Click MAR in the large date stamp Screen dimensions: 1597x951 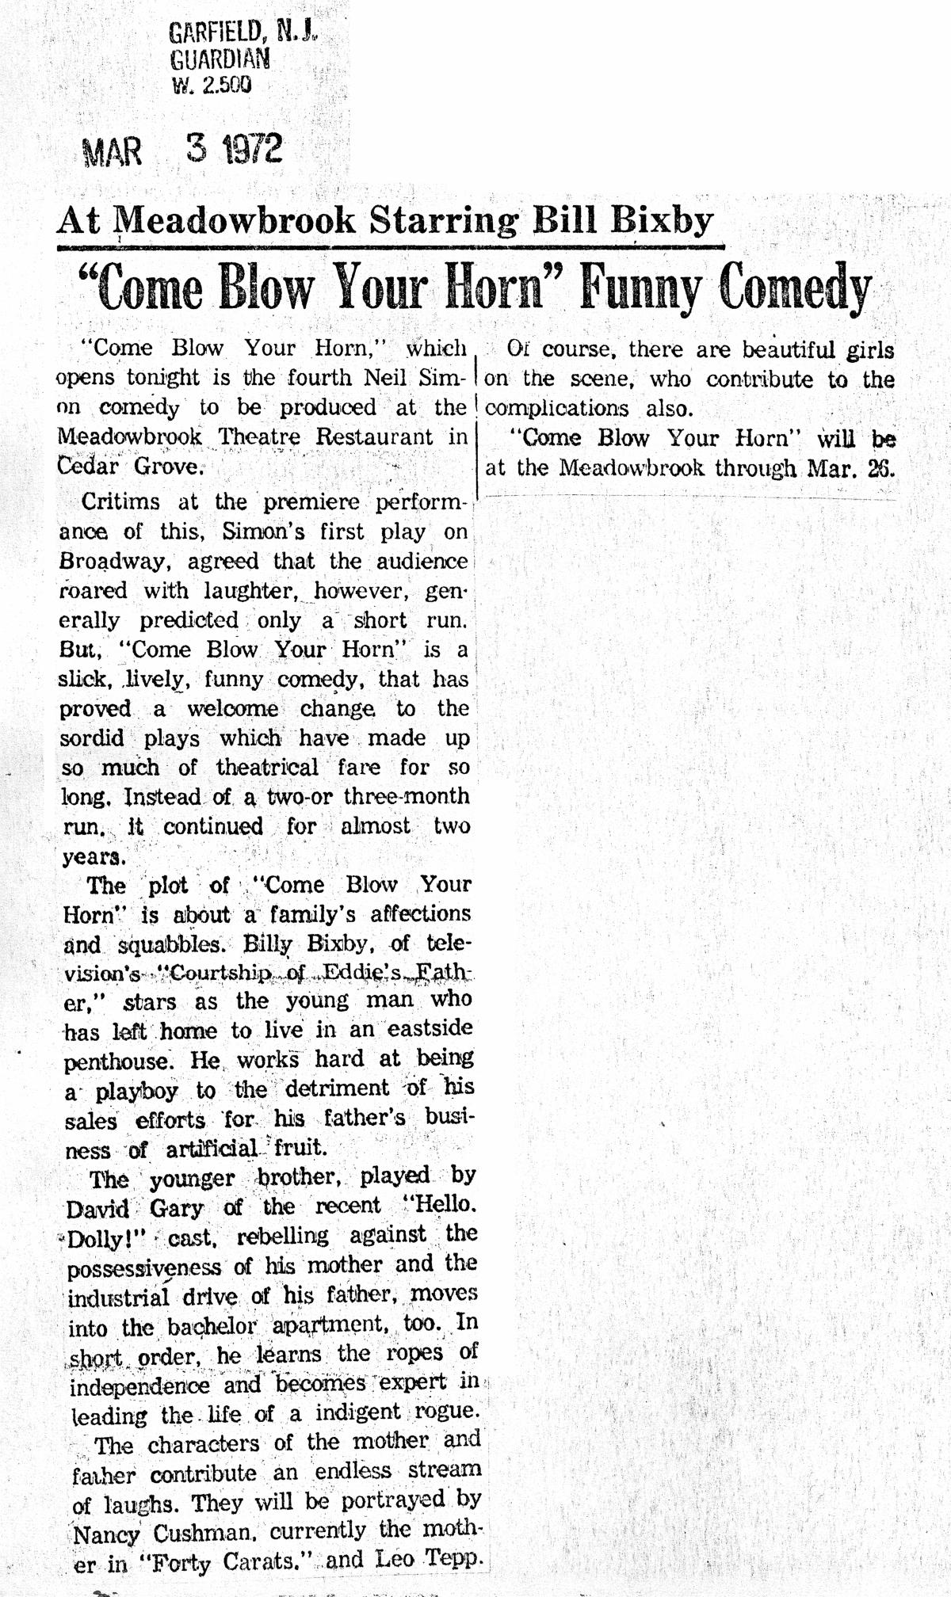pyautogui.click(x=113, y=151)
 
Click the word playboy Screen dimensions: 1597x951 pyautogui.click(x=137, y=1092)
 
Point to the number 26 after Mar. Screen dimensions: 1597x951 pyautogui.click(x=881, y=468)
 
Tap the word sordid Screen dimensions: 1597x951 pyautogui.click(x=92, y=738)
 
